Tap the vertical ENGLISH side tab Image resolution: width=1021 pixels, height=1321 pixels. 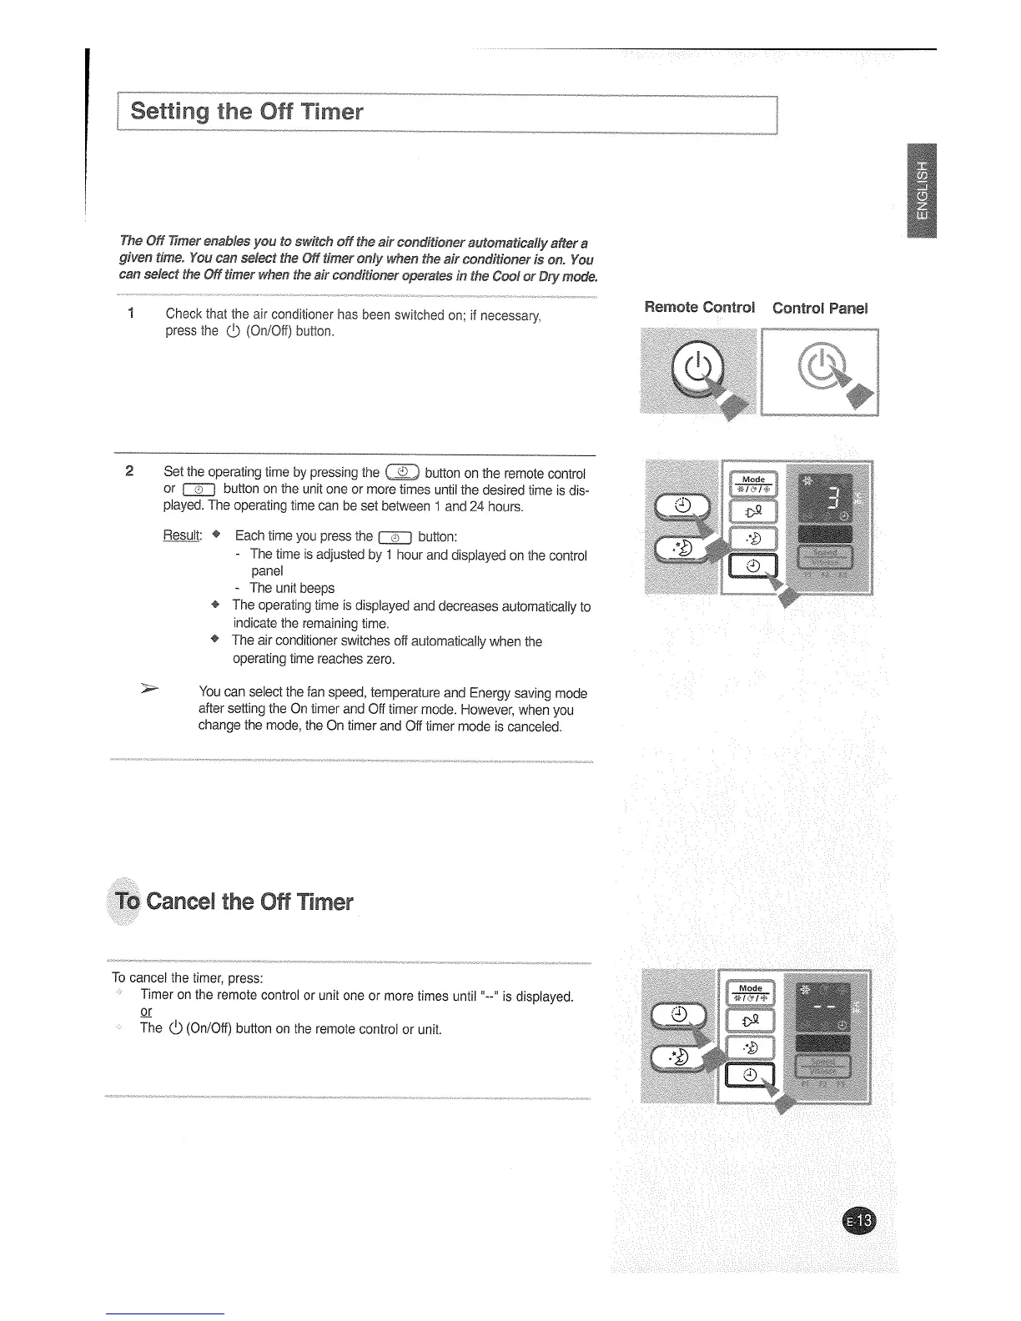(921, 191)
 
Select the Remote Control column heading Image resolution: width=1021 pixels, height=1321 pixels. (700, 308)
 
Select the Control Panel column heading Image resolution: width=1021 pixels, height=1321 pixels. (820, 308)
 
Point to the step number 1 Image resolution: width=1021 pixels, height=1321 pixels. (131, 314)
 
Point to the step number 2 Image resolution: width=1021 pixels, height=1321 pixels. (129, 470)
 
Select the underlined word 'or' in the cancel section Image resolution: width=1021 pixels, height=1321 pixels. (146, 1012)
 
